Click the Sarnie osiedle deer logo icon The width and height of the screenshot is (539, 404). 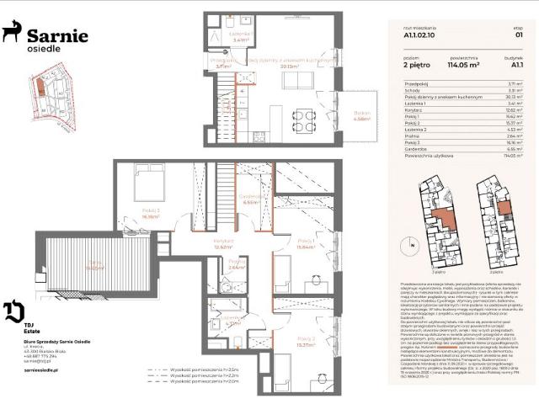(x=12, y=33)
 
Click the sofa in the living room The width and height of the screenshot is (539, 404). (x=296, y=78)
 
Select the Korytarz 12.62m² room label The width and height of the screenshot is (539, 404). (x=223, y=243)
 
